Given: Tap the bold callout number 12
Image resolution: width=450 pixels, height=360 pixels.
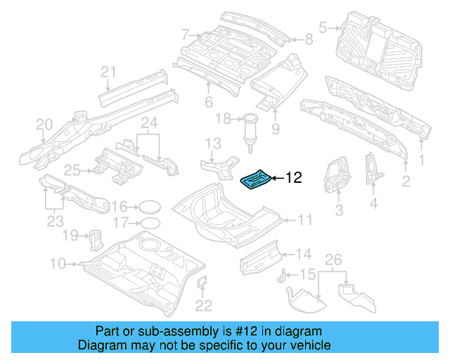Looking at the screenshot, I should point(293,179).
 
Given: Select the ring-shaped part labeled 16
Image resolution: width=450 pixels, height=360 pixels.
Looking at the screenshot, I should point(146,207).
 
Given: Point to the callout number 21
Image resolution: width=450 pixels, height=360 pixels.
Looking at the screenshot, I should point(107,71).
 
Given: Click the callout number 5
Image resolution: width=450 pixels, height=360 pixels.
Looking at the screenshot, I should point(323,28).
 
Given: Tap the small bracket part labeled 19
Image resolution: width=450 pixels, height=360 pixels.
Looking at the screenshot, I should point(94,239).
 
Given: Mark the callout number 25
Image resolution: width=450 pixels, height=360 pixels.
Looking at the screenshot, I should point(72,169).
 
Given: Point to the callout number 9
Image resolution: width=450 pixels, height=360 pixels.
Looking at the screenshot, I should point(275,129).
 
